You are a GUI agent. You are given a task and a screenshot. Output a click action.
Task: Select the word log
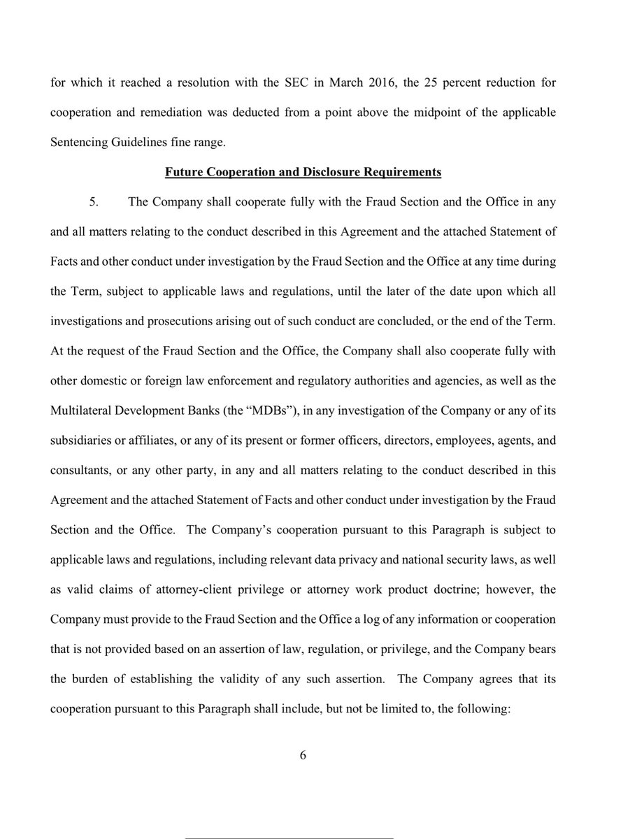point(354,619)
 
